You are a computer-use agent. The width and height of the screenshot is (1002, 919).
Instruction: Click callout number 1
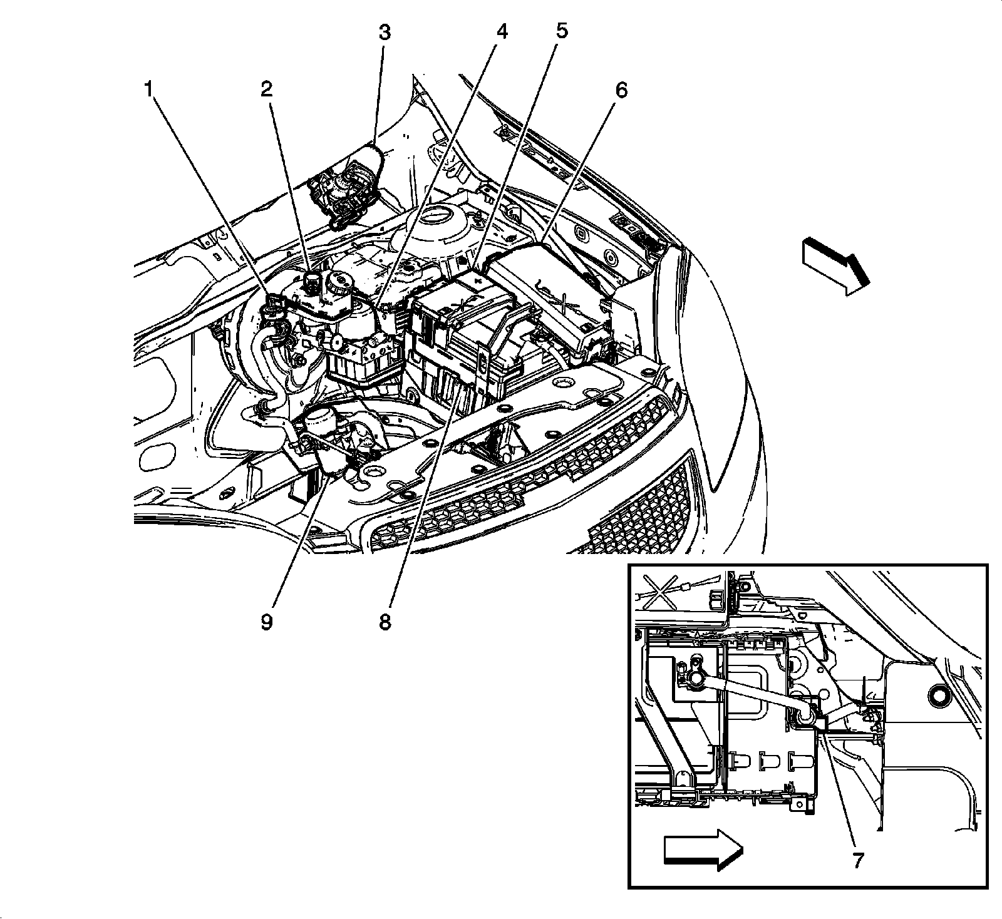tap(148, 90)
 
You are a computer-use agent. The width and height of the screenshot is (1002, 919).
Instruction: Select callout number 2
tap(267, 90)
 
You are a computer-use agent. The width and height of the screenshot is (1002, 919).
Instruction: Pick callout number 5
tap(561, 32)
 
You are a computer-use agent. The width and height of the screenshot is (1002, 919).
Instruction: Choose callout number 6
tap(621, 91)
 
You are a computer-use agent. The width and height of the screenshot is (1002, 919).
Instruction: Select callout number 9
tap(267, 623)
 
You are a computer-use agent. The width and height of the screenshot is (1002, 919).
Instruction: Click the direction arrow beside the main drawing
tap(835, 265)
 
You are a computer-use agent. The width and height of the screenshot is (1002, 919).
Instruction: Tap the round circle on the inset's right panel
tap(939, 696)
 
